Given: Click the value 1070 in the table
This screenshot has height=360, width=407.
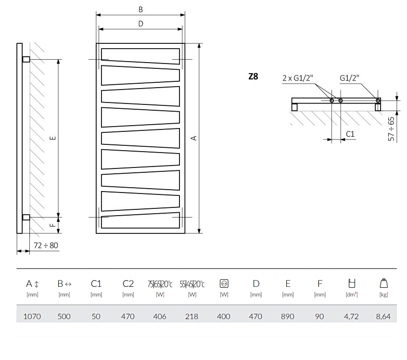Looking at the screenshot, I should pos(32,316).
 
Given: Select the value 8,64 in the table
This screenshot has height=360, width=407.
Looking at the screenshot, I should pos(383,316).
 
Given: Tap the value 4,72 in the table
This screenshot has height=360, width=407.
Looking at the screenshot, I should pos(352,316).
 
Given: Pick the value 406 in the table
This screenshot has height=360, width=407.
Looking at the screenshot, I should pos(160,316).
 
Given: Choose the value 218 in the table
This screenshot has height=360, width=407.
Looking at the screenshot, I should pos(192,316).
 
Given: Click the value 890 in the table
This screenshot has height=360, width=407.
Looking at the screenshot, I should pos(288,316).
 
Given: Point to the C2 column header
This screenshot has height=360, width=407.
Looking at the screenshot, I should pos(128,283).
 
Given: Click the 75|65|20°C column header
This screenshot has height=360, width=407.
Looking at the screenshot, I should pos(160,284).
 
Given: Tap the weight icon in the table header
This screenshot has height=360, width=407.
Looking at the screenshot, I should pos(383,283).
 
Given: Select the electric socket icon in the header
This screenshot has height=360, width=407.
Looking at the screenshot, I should pos(224,283).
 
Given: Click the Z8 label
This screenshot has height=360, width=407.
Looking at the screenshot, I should pos(253,76).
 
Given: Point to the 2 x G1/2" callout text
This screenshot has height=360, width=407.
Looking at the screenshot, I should pos(298,78).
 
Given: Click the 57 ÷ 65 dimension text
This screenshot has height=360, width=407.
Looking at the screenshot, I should pos(392,129).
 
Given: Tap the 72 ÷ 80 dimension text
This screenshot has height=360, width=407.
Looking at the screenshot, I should pos(46,245).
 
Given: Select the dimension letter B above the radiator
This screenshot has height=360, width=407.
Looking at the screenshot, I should pos(140,10).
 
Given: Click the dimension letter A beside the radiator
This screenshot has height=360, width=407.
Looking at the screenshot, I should pos(194,138).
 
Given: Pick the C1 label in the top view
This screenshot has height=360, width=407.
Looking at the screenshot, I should pos(350,133).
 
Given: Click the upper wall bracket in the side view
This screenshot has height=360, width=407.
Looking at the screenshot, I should pos(26,59).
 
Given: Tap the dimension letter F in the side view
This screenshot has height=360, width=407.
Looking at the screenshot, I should pos(53,224).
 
